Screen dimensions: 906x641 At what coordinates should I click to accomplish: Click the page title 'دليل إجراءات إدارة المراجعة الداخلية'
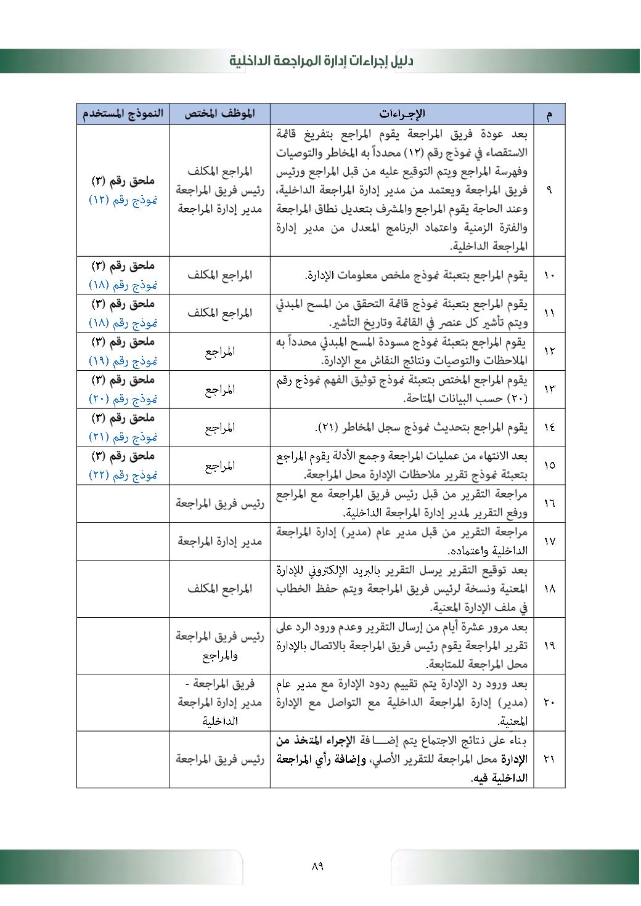(x=321, y=61)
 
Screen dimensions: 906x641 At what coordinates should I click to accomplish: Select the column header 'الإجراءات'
(x=402, y=114)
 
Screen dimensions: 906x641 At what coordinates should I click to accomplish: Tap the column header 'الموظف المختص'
(x=220, y=114)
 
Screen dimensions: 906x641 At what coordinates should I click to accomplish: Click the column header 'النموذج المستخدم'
(x=123, y=114)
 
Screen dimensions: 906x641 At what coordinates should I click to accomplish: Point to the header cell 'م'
(x=549, y=115)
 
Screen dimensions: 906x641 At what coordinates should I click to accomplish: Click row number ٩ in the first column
(x=549, y=190)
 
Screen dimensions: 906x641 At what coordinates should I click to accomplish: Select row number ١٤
(x=549, y=427)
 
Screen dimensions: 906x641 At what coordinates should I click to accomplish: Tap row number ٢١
(x=549, y=759)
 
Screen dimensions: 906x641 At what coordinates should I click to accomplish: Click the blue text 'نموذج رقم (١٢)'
(x=123, y=200)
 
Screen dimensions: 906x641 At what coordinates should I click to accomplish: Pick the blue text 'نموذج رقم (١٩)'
(x=123, y=361)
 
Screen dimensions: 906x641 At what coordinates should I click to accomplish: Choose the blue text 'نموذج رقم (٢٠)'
(x=123, y=399)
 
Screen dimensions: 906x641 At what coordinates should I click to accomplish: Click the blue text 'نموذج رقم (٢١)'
(x=123, y=437)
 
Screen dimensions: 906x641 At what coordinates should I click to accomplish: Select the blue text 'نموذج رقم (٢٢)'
(x=123, y=475)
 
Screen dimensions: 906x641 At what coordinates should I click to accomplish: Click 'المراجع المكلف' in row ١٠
(x=220, y=275)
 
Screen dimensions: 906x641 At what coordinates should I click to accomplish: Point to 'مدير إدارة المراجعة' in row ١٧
(x=220, y=541)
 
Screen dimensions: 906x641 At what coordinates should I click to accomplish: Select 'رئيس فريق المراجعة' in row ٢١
(x=220, y=759)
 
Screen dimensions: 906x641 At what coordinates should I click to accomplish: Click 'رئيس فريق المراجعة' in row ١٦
(x=220, y=503)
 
